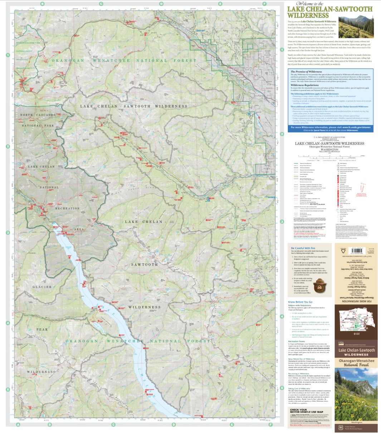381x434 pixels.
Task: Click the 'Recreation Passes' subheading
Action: click(297, 341)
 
